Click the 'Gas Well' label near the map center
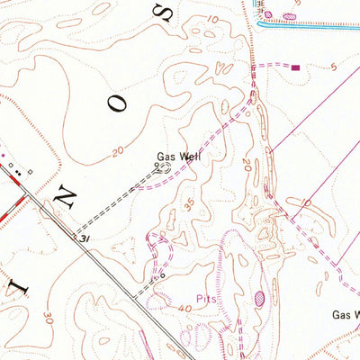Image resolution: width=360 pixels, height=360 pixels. click(x=179, y=157)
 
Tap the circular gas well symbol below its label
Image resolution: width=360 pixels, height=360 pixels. click(x=165, y=167)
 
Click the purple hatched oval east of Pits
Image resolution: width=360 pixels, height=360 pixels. click(x=260, y=297)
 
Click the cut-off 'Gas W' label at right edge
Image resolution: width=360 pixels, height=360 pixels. click(x=346, y=315)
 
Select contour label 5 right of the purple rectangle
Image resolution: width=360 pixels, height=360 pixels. click(x=332, y=67)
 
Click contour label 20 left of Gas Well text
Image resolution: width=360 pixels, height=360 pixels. click(x=118, y=153)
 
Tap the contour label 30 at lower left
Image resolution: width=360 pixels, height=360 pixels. click(x=47, y=318)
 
